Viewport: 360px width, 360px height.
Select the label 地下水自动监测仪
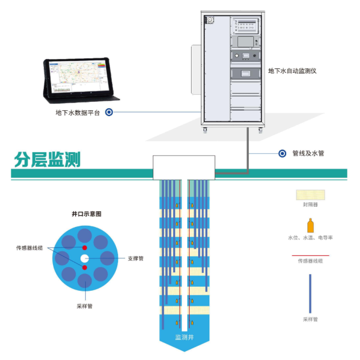pos(292,71)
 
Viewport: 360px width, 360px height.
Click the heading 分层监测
pos(47,160)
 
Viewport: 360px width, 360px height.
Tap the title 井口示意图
pos(86,213)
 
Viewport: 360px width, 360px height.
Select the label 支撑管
pos(135,259)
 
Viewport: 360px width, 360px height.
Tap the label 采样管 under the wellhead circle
pos(85,306)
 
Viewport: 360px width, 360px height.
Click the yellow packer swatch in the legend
pos(310,195)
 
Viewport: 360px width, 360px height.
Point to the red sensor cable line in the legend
pos(310,255)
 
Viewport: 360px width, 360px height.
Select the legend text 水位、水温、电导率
pos(310,238)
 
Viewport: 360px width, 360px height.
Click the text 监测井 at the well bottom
pos(185,337)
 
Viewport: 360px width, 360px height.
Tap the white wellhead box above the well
pos(184,167)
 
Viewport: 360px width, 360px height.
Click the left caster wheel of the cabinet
pos(205,130)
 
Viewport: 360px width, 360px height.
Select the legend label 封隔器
pos(310,205)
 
